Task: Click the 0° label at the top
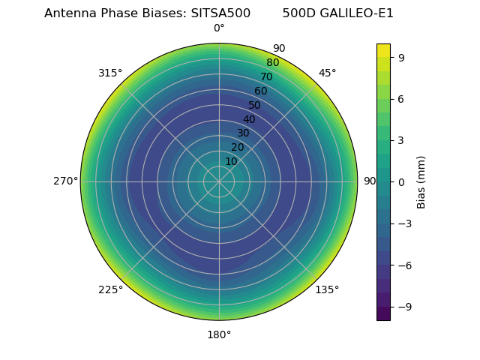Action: (x=219, y=28)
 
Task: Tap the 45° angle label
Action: (x=328, y=73)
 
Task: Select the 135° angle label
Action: (x=327, y=290)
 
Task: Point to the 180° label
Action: (x=219, y=334)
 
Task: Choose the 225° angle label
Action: (x=110, y=290)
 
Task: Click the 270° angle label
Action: (x=66, y=181)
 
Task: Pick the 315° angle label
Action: (x=110, y=73)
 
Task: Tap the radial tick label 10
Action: (x=231, y=161)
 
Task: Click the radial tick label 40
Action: (x=249, y=119)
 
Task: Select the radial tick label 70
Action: (x=267, y=77)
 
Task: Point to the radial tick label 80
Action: (x=273, y=63)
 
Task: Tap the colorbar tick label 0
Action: (x=402, y=181)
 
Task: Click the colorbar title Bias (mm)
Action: (x=421, y=181)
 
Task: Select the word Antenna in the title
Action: (x=68, y=13)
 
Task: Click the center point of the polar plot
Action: (x=219, y=181)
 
